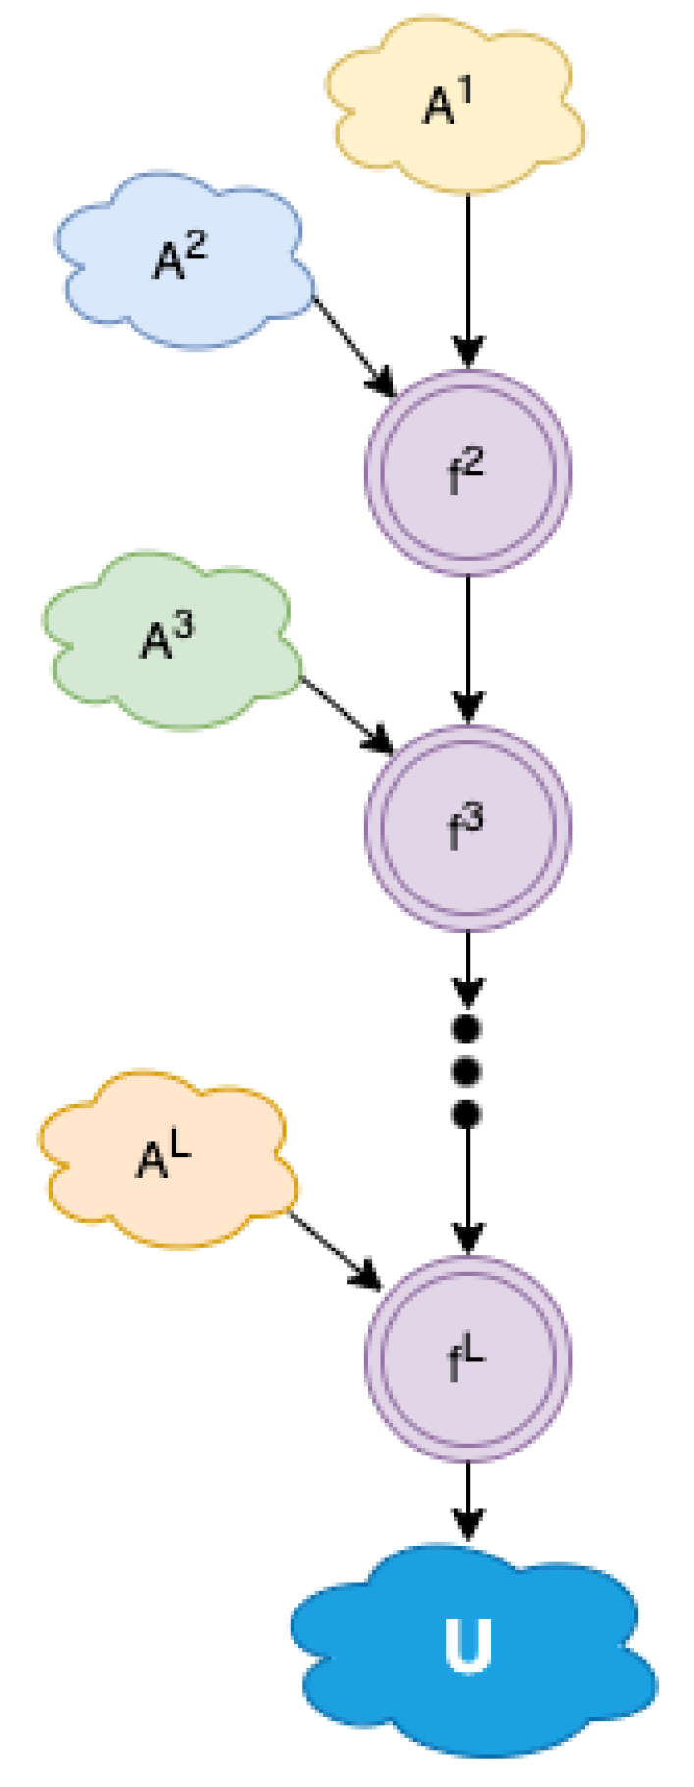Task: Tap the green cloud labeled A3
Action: click(x=172, y=641)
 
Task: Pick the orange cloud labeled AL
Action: click(x=167, y=1161)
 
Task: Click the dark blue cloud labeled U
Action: click(x=469, y=1648)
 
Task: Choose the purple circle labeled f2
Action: click(x=468, y=473)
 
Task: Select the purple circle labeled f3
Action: click(x=468, y=830)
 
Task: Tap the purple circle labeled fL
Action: click(x=468, y=1359)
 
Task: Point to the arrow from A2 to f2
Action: click(x=353, y=343)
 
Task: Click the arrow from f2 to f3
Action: click(x=468, y=647)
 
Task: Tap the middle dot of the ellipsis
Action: click(x=467, y=1072)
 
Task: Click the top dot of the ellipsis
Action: click(x=467, y=1030)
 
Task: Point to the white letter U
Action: click(x=467, y=1646)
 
